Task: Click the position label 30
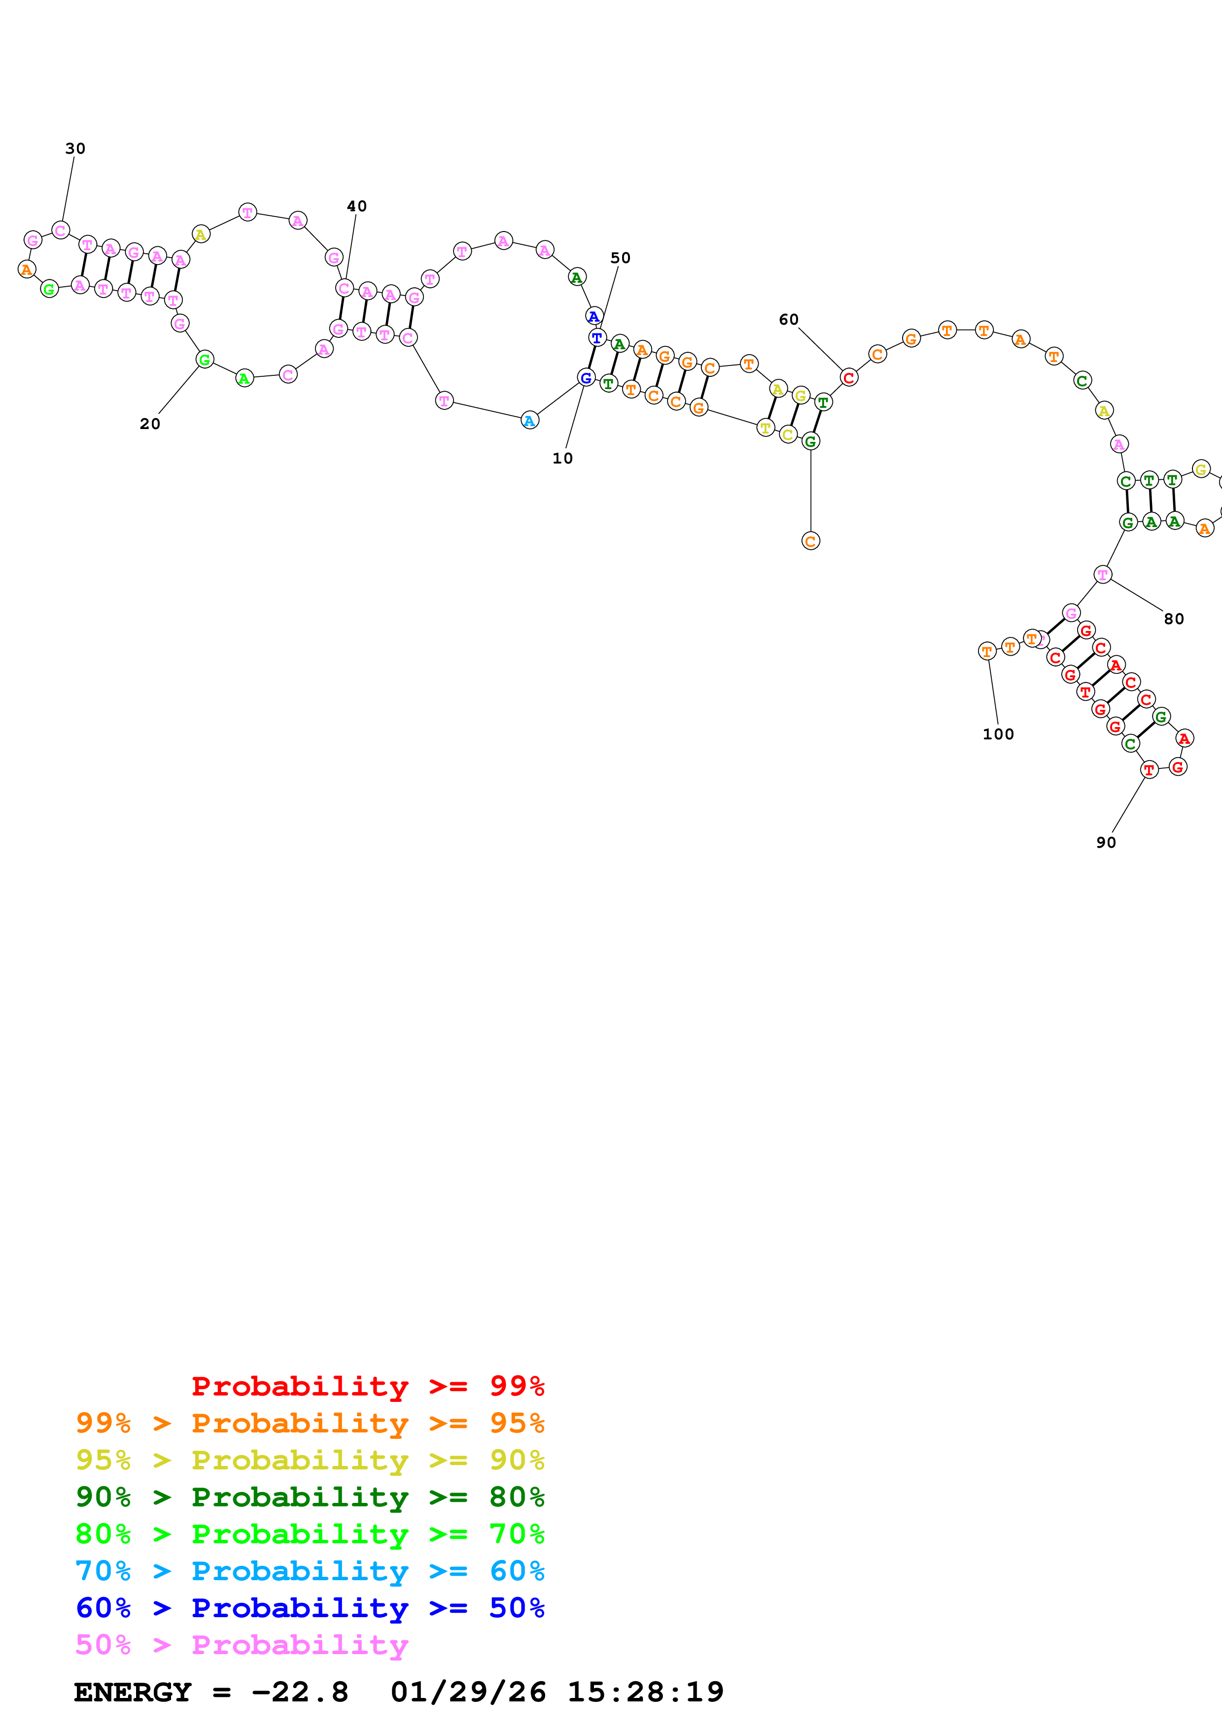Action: click(x=75, y=148)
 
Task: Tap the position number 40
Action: click(x=357, y=206)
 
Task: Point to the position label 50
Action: click(x=621, y=258)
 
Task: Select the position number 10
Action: click(x=562, y=458)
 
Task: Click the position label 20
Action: click(x=150, y=424)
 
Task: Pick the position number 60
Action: click(x=788, y=320)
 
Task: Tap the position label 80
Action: click(x=1174, y=619)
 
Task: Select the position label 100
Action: click(x=998, y=734)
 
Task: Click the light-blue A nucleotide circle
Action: click(x=530, y=421)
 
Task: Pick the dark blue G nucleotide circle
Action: click(x=586, y=378)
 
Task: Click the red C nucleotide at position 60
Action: click(x=848, y=378)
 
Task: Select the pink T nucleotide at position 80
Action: click(x=1102, y=575)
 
